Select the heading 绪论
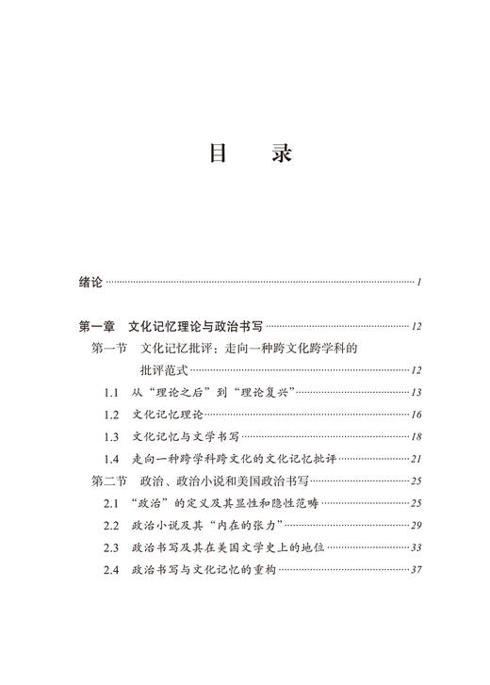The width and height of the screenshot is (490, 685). click(x=90, y=282)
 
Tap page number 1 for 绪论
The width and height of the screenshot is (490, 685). click(x=417, y=283)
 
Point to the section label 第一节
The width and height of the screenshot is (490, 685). click(x=110, y=349)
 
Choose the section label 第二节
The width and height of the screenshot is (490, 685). click(x=110, y=481)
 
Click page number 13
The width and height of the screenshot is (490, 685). click(x=416, y=393)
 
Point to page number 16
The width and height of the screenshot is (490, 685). click(x=416, y=415)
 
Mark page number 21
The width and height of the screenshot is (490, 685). click(x=416, y=459)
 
